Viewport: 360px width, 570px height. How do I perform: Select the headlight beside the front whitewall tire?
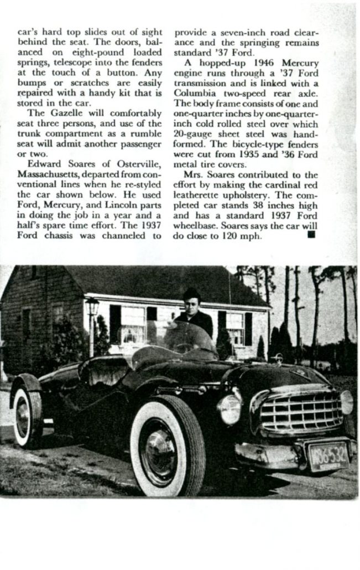229,408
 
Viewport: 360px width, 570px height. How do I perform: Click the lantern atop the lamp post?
91,305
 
